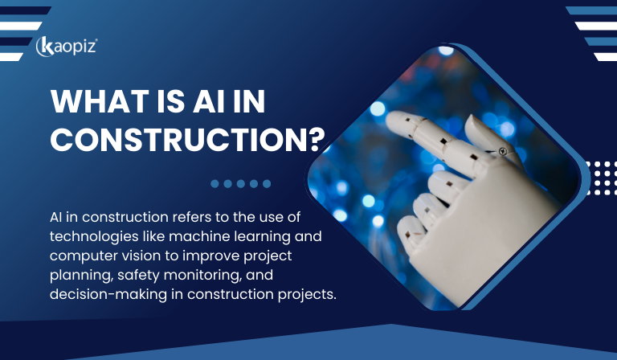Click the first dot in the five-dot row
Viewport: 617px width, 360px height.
tap(215, 183)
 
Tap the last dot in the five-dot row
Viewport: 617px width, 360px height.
tap(267, 183)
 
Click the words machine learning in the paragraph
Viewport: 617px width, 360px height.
tap(226, 236)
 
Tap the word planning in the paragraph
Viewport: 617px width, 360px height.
tap(74, 275)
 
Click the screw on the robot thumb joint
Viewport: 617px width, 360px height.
tap(502, 150)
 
